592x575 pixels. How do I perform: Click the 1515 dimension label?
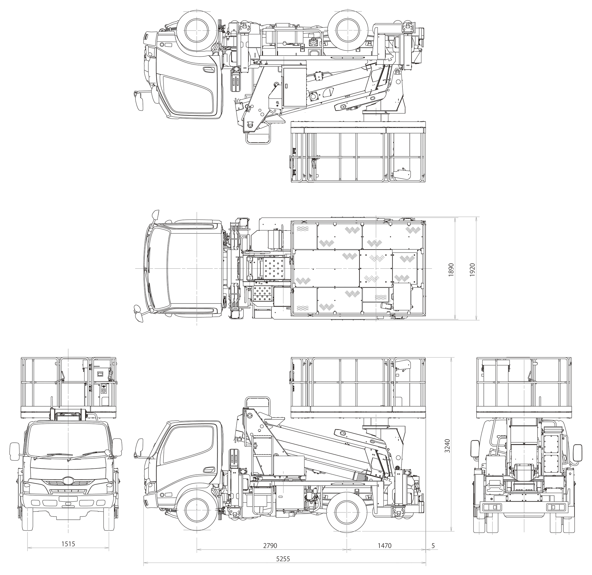pos(68,544)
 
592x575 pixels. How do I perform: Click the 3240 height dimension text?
pos(447,446)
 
